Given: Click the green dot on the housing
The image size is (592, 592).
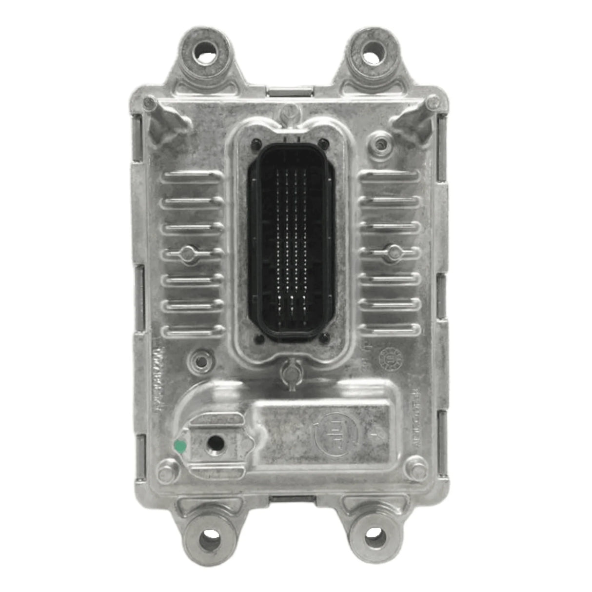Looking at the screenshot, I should click(180, 445).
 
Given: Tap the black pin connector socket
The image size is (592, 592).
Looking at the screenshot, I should click(291, 237).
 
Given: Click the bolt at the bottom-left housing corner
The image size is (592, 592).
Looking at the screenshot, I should click(164, 471).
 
